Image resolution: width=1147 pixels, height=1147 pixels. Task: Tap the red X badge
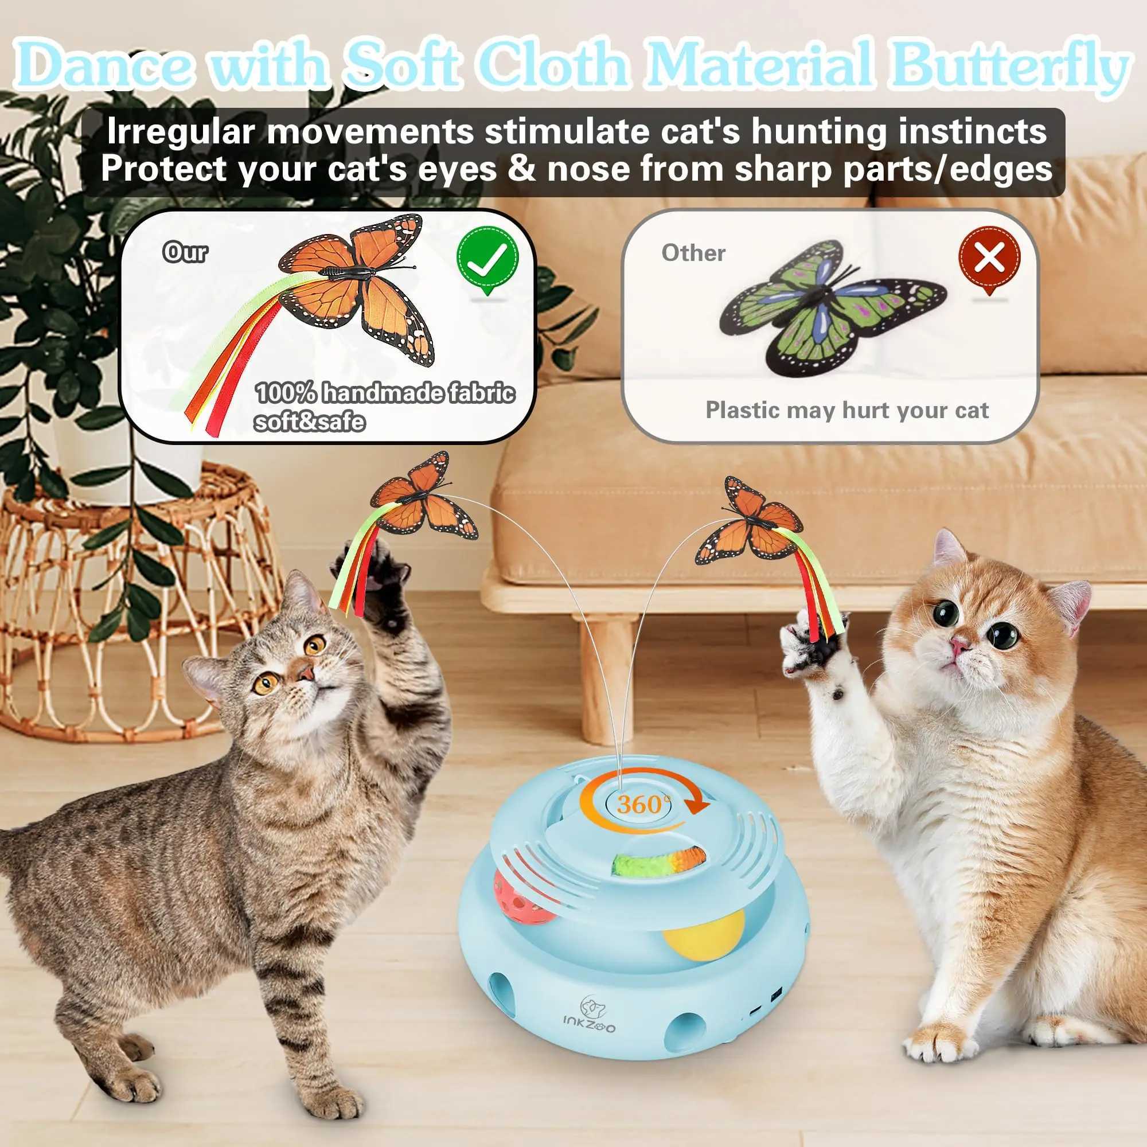(989, 259)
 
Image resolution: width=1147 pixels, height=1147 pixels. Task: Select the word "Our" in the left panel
(185, 253)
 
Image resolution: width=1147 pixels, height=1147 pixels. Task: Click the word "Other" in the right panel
(693, 253)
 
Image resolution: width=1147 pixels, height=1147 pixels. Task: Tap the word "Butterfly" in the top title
(1009, 67)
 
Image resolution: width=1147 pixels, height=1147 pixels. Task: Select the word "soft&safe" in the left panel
(309, 422)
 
